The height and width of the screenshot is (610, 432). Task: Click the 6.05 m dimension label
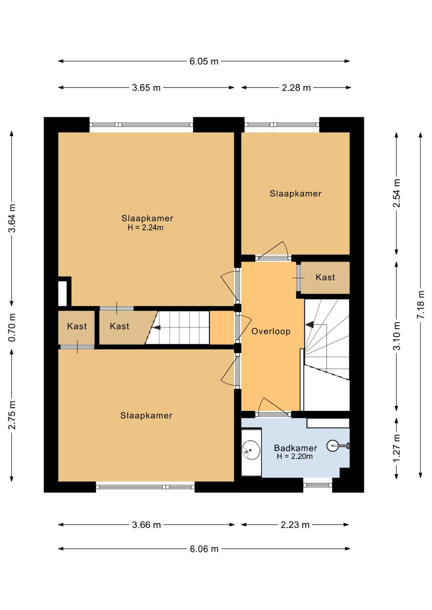[204, 61]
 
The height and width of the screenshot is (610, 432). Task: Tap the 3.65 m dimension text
[146, 88]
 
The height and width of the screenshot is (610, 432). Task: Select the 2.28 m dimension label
[296, 88]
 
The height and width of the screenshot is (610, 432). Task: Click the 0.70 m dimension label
[12, 327]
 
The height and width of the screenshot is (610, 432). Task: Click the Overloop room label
[271, 331]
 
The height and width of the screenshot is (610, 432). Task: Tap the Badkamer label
[296, 448]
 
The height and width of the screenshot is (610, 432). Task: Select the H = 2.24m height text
[146, 227]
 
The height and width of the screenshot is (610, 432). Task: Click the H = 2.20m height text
[295, 457]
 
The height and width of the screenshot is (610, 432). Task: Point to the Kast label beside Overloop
[325, 277]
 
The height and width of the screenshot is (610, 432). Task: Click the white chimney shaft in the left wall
[62, 293]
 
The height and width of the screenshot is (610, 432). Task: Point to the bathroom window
[318, 485]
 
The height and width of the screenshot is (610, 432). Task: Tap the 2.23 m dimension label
[295, 525]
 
